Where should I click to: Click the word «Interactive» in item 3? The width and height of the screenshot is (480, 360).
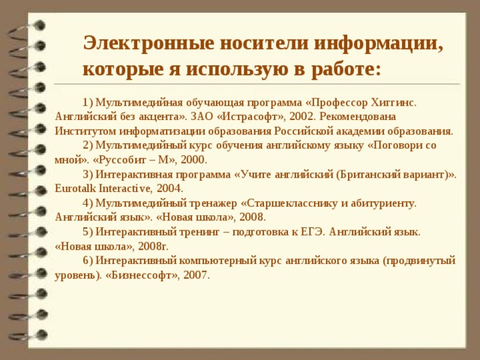pyautogui.click(x=127, y=188)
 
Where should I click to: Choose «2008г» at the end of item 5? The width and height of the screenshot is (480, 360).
pyautogui.click(x=153, y=245)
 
